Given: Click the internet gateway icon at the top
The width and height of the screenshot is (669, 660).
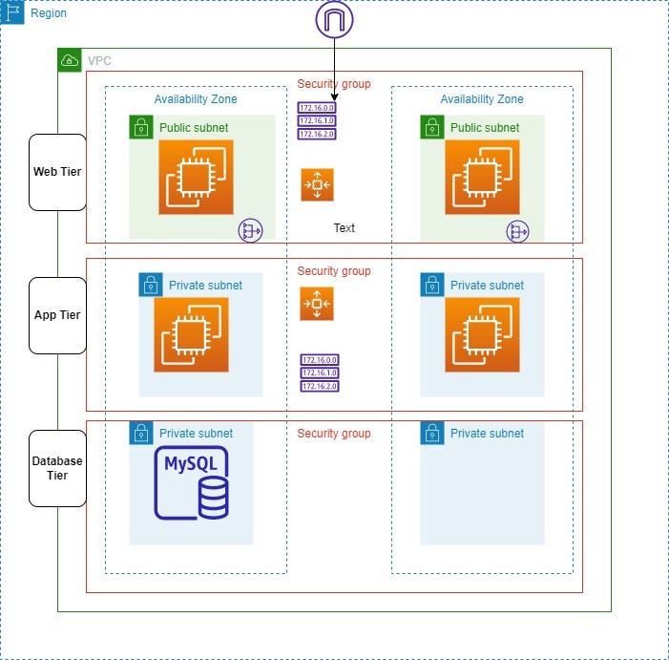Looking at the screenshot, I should [334, 19].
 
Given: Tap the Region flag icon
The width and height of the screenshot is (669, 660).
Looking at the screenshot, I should [13, 13].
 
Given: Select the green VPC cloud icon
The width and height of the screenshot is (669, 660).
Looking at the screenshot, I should [70, 60].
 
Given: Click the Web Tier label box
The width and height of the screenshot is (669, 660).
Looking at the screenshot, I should [57, 172].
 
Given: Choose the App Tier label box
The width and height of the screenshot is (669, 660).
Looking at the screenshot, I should [57, 315].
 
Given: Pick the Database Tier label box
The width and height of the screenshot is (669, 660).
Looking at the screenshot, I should [57, 468].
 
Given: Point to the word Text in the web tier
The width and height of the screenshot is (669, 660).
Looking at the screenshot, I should [344, 228].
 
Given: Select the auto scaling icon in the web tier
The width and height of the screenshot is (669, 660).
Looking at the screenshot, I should [317, 184].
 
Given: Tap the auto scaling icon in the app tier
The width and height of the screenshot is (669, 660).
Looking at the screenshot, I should [317, 304].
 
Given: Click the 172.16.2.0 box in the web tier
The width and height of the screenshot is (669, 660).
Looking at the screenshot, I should [317, 135].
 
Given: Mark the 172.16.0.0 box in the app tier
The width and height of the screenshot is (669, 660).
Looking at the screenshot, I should [319, 360].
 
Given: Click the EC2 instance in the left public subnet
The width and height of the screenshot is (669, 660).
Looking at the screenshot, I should [196, 177].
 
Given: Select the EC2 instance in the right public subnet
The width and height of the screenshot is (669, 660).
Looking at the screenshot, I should [482, 177].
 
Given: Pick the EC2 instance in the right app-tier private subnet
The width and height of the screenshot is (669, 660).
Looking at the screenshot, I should [482, 334].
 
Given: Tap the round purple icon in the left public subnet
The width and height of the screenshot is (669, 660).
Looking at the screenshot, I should [250, 230].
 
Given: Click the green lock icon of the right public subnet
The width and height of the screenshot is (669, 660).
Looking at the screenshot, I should [431, 127].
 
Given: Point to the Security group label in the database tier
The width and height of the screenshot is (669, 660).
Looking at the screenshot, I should [334, 434].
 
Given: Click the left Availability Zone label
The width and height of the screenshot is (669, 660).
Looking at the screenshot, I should [196, 99].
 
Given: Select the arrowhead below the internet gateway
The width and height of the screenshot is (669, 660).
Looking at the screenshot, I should [334, 97].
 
